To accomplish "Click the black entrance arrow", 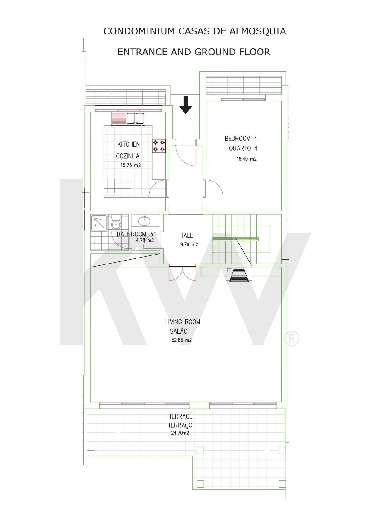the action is pyautogui.click(x=186, y=105).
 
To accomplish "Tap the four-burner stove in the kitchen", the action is pyautogui.click(x=159, y=146).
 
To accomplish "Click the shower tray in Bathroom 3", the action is pyautogui.click(x=99, y=223).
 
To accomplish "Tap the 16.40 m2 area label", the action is pyautogui.click(x=247, y=159).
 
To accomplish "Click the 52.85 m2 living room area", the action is pyautogui.click(x=182, y=340).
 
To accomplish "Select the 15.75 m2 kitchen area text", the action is pyautogui.click(x=131, y=165).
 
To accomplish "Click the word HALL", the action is pyautogui.click(x=186, y=235).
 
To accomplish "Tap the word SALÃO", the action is pyautogui.click(x=179, y=331).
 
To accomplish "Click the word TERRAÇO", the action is pyautogui.click(x=180, y=425).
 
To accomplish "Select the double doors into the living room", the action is pyautogui.click(x=183, y=273).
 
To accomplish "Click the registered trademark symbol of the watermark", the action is pyautogui.click(x=291, y=338).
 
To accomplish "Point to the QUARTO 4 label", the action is pyautogui.click(x=243, y=148).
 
